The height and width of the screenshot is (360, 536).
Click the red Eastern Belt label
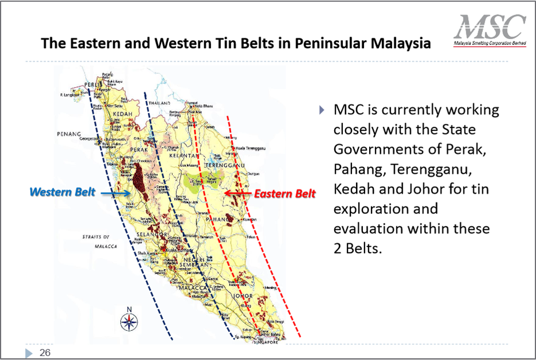[x=286, y=194]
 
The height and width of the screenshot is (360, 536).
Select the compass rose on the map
[x=128, y=320]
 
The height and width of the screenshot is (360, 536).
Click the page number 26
[x=44, y=352]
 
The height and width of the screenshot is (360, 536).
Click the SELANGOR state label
[x=151, y=235]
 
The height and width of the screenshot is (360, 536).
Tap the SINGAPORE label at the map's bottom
[x=267, y=342]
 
